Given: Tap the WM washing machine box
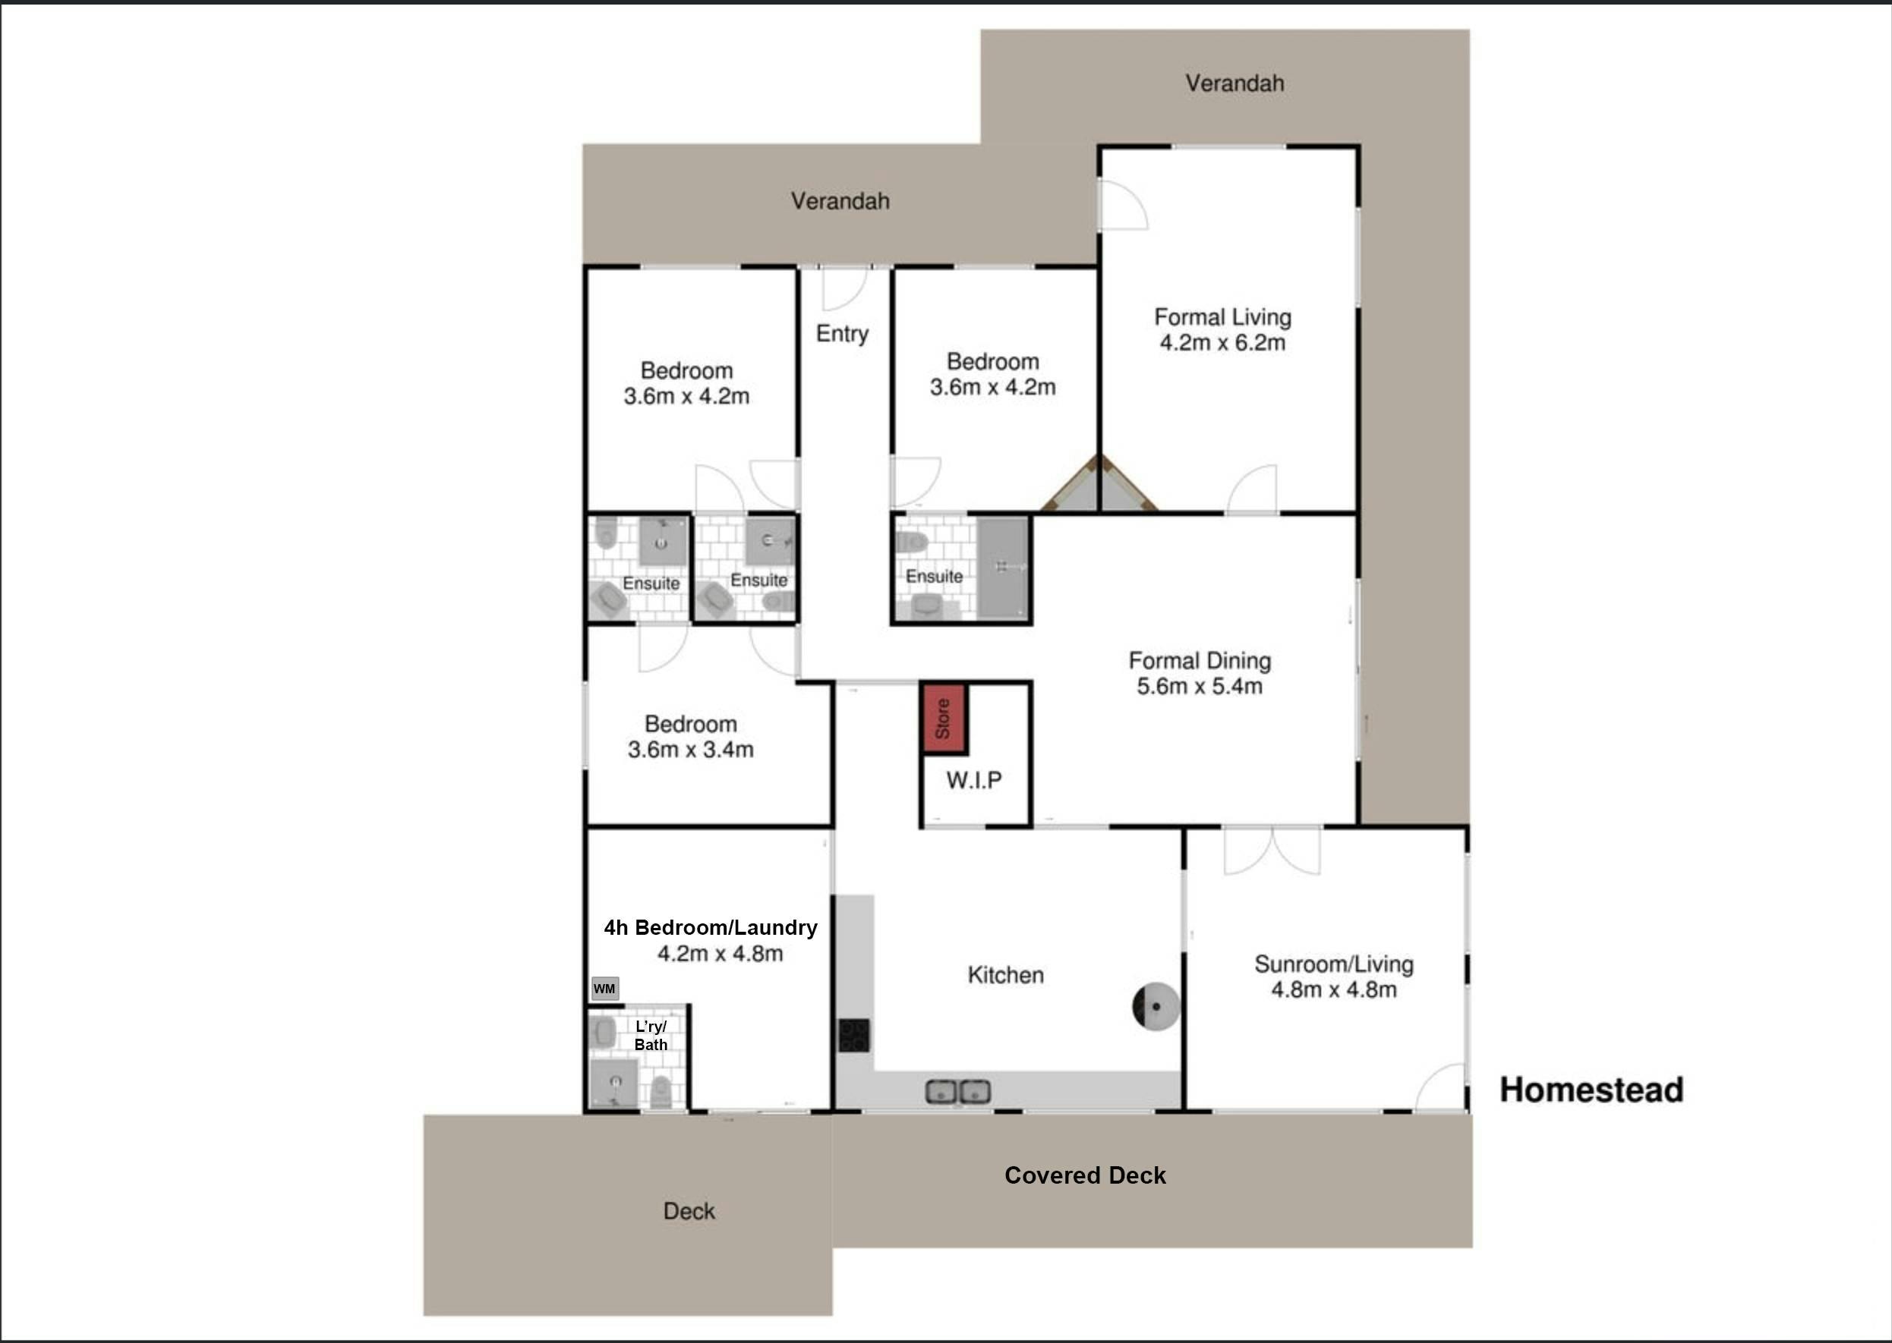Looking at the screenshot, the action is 605,988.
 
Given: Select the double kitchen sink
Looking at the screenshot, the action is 958,1092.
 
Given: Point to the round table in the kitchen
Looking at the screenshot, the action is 1155,1006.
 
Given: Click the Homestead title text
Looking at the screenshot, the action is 1591,1090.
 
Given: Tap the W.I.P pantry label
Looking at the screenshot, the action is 974,780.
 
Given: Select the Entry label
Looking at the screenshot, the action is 842,333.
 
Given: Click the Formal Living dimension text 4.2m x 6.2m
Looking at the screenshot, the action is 1222,342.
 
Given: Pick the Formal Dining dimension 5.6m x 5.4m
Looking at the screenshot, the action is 1200,687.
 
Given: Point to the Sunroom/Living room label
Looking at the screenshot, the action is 1333,964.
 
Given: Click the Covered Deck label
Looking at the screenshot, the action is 1086,1175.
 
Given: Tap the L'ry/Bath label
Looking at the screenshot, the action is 651,1036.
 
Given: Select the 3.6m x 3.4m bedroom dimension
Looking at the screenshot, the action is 691,750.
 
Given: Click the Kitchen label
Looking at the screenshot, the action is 1006,975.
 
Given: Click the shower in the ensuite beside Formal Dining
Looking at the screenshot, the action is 1003,568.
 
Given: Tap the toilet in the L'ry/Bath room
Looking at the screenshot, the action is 661,1092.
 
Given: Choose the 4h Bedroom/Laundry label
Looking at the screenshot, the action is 711,928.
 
